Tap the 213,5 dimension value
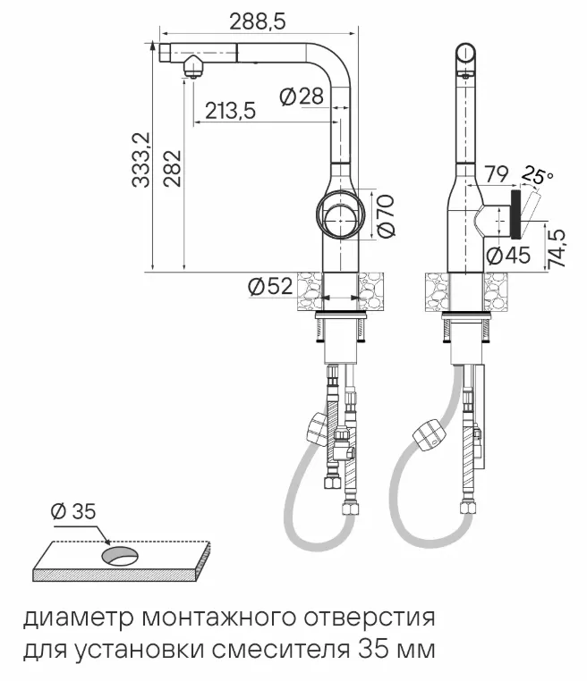tap(231, 111)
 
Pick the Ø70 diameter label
tap(386, 216)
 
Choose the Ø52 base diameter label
tap(269, 287)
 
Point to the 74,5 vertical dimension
tap(557, 248)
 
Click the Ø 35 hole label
tap(72, 512)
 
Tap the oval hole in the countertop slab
tap(118, 556)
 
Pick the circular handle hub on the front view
tap(340, 214)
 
